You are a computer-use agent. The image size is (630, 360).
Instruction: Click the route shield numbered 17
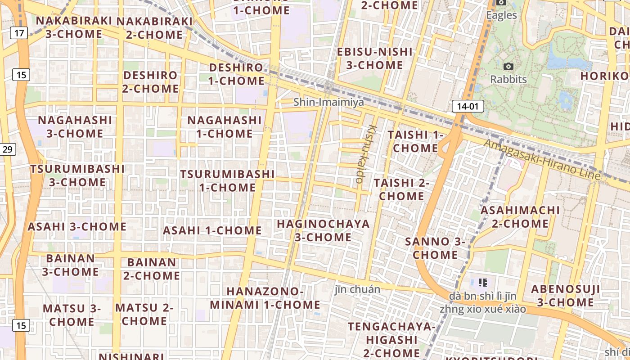tap(19, 32)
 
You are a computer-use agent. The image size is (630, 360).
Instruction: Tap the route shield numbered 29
tap(8, 149)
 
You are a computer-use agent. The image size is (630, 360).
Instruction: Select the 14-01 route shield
tap(468, 106)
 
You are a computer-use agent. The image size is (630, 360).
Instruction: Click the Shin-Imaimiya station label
tap(328, 102)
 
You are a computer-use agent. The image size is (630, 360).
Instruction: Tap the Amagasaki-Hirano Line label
tap(542, 159)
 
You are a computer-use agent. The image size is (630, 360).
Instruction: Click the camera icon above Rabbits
tap(508, 67)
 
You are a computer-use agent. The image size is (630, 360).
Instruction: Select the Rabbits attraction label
tap(508, 79)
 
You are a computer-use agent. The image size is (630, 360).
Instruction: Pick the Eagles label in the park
tap(502, 15)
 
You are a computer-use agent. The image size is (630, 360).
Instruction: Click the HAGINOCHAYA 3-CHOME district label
tap(323, 230)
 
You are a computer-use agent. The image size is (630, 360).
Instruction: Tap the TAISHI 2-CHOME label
tap(401, 189)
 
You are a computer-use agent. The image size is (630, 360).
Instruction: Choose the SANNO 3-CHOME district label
tap(435, 248)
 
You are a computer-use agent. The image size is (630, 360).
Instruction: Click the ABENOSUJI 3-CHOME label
tap(565, 296)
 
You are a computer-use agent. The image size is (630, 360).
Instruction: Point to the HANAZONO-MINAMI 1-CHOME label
tap(265, 298)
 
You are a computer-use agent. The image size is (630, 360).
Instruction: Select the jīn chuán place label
tap(357, 289)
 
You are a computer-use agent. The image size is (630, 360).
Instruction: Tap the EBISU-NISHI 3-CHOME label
tap(375, 58)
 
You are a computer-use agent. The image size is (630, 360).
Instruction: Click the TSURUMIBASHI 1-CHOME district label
tap(227, 180)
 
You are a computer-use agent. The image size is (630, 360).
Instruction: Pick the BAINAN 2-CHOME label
tap(152, 269)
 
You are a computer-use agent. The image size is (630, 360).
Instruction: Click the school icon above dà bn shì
tap(483, 283)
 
